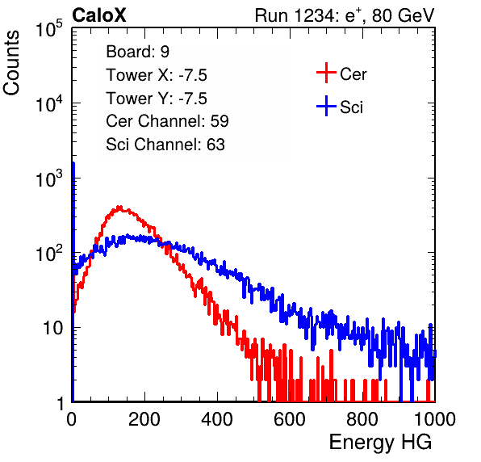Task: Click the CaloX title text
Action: click(99, 15)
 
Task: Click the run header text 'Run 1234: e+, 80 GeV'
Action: click(345, 15)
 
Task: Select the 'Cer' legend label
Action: click(353, 74)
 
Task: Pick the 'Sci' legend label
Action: click(351, 107)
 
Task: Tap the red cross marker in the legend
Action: click(326, 73)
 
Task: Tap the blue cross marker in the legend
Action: click(326, 106)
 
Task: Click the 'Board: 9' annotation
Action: click(137, 52)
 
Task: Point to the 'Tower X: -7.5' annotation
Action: click(157, 75)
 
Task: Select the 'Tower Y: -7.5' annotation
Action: click(157, 99)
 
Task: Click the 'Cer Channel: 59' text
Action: click(167, 121)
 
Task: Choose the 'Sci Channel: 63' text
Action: click(165, 145)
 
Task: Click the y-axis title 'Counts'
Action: click(11, 63)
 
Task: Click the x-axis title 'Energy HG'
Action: click(380, 443)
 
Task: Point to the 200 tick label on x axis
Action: click(144, 419)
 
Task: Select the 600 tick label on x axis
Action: click(290, 419)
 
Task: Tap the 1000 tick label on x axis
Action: click(435, 419)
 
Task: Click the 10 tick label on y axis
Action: click(52, 328)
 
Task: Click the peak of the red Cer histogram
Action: click(119, 207)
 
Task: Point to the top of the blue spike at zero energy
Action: click(73, 163)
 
